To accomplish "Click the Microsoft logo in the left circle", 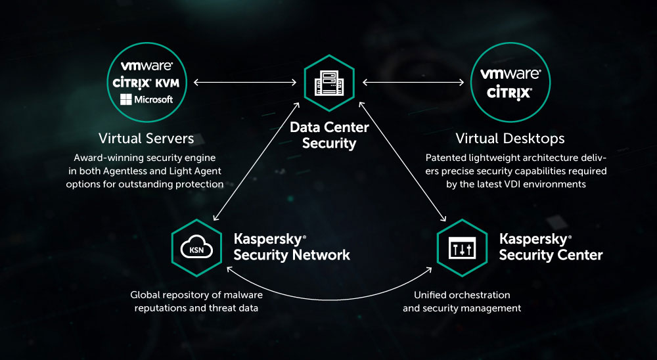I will [147, 99].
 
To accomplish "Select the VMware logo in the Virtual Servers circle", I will [147, 66].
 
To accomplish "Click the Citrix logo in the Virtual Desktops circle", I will [510, 93].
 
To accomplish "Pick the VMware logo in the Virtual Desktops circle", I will [510, 74].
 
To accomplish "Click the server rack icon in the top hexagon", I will [328, 82].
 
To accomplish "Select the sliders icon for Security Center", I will [462, 246].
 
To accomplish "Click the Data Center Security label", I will [329, 135].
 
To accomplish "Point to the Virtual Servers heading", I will [146, 139].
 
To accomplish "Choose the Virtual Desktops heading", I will [510, 139].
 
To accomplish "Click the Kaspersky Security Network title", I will [292, 246].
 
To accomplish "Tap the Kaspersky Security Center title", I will [551, 246].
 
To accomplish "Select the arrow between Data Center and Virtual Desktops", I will [414, 82].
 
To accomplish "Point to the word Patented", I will [447, 158].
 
